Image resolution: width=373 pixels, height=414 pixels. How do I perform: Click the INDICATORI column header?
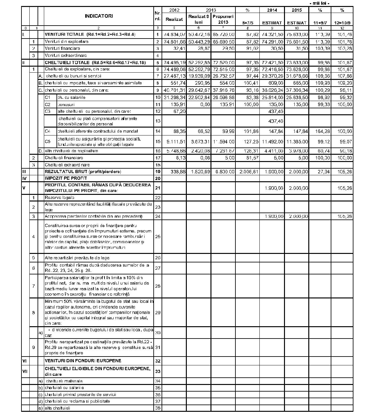tap(98, 16)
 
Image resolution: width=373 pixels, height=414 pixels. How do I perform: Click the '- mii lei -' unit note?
tap(319, 3)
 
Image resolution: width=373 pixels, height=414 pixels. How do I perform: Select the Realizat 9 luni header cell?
tap(198, 19)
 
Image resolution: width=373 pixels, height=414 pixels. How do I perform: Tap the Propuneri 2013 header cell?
tap(223, 19)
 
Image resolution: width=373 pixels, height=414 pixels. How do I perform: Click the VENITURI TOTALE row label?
tap(90, 34)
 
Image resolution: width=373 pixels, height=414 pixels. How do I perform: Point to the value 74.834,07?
tap(174, 34)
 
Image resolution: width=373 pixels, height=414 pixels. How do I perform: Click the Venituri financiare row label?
tap(62, 48)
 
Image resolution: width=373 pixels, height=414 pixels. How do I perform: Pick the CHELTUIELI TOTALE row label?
tap(95, 63)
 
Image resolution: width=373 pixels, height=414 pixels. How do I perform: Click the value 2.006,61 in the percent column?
tap(247, 172)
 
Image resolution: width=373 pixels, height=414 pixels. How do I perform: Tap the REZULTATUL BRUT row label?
tap(83, 172)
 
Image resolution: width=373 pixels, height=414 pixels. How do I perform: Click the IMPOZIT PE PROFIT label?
tap(63, 178)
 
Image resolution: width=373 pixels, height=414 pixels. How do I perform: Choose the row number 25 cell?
tap(158, 237)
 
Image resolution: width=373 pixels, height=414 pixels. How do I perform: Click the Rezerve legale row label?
tap(60, 198)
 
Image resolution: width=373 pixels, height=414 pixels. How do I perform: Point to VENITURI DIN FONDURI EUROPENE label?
tap(83, 361)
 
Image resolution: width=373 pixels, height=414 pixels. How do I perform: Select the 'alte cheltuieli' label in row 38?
tap(57, 408)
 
